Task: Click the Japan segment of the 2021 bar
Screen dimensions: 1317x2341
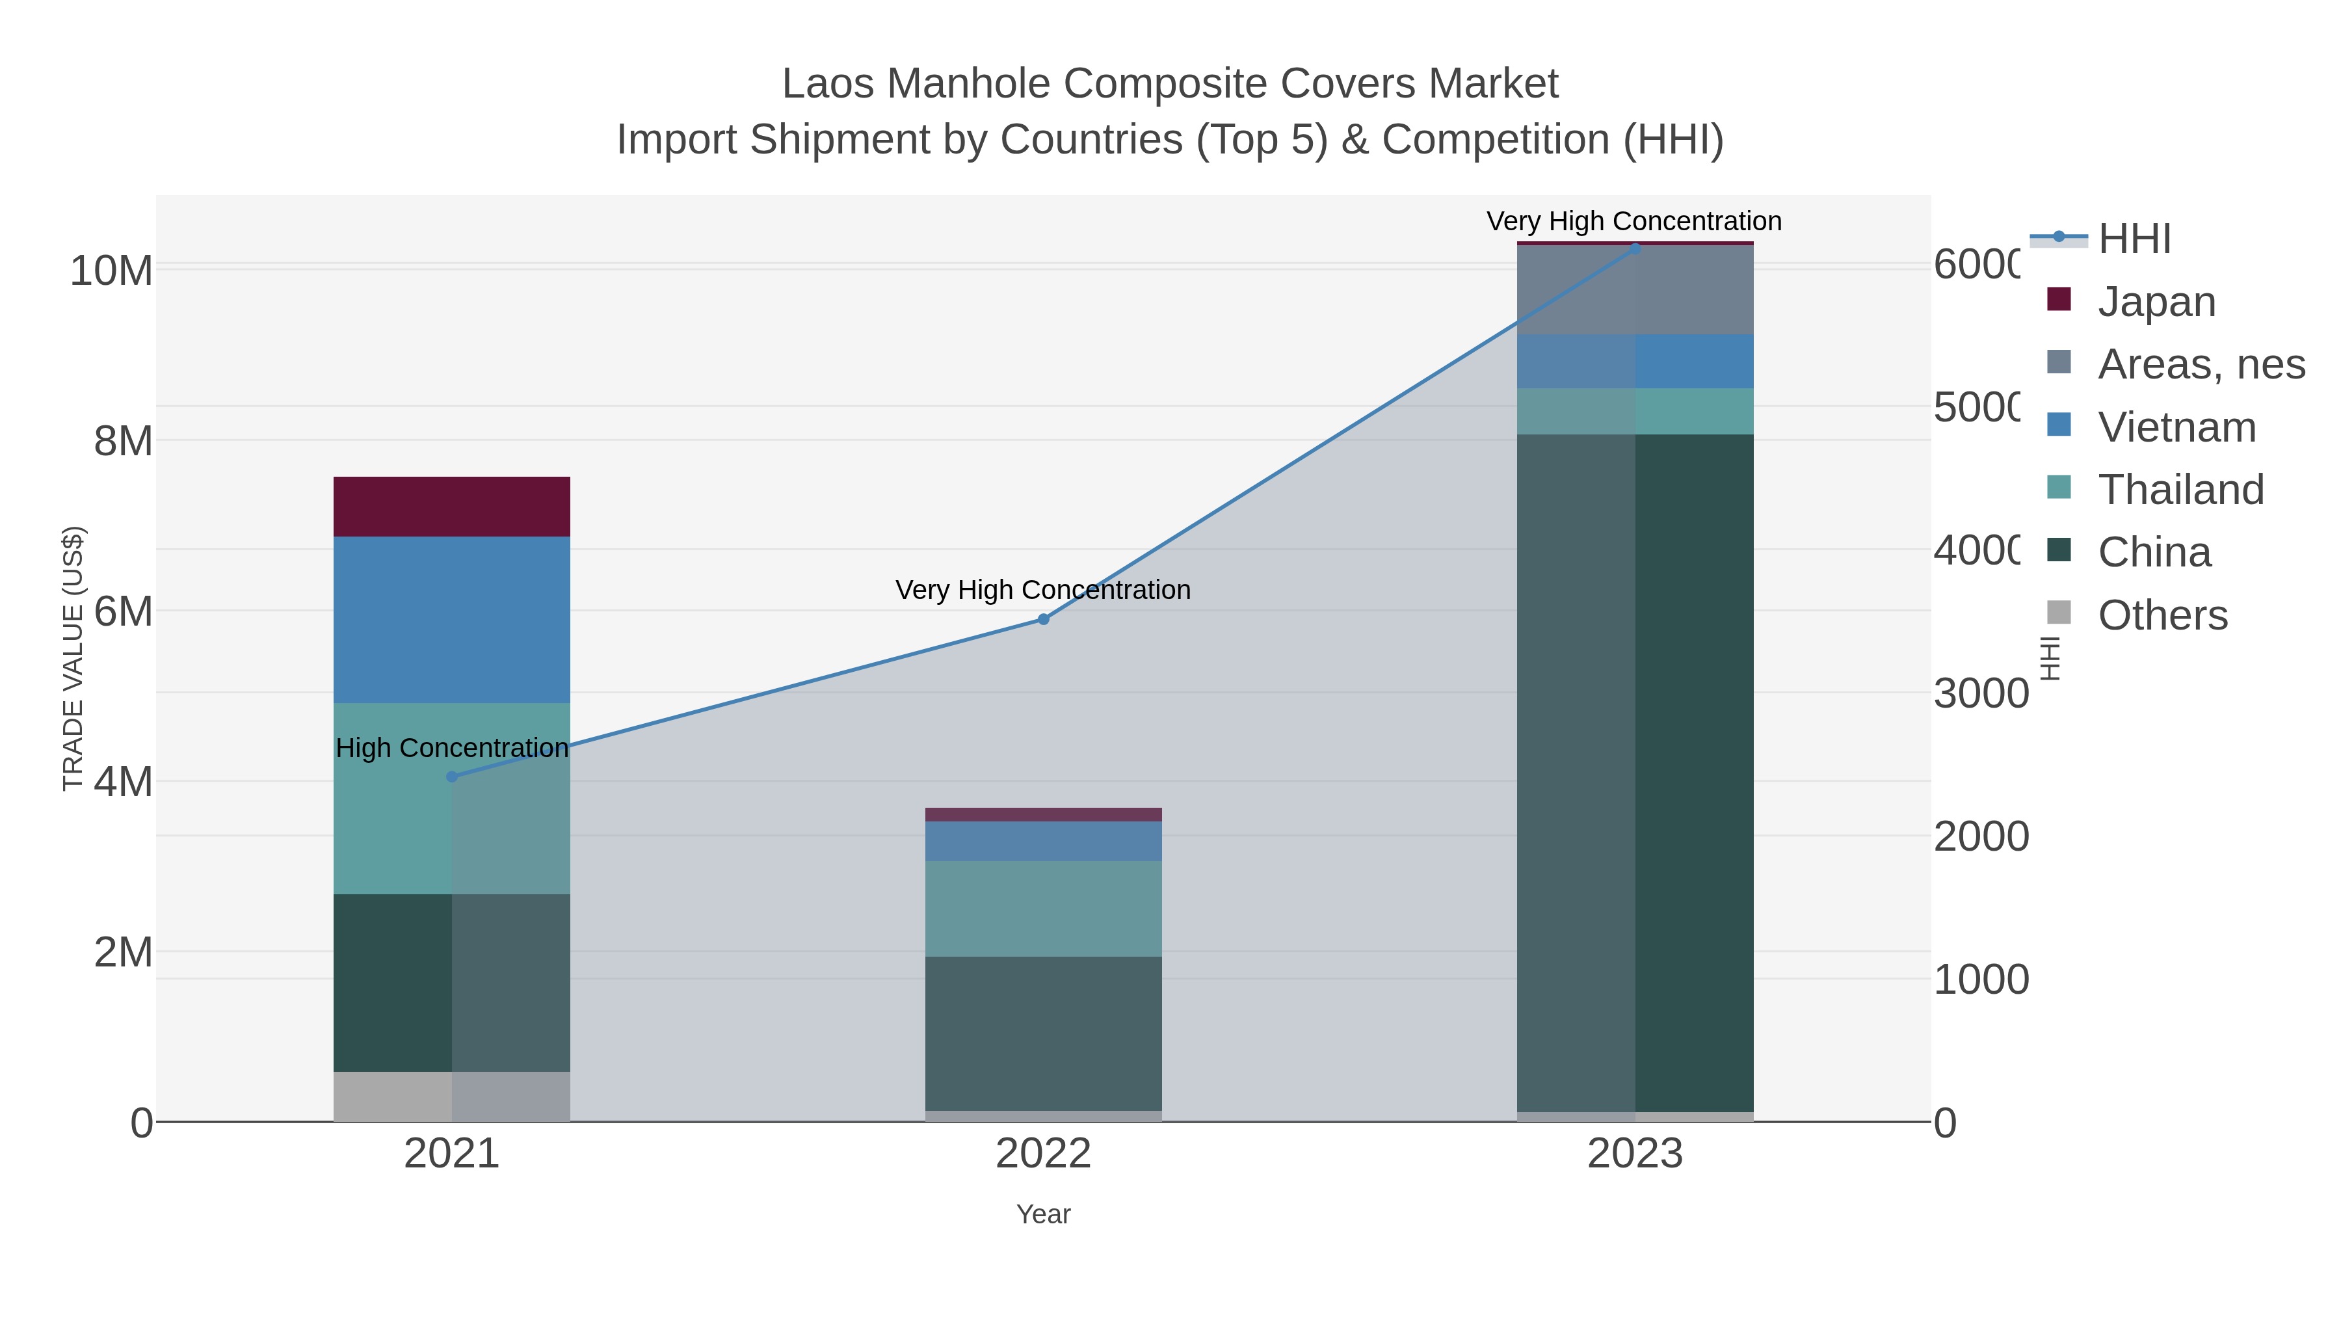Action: pyautogui.click(x=452, y=506)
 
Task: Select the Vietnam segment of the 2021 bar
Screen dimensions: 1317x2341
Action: pyautogui.click(x=452, y=619)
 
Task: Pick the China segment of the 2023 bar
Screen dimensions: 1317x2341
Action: pyautogui.click(x=1635, y=773)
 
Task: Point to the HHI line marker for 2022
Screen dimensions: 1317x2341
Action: pyautogui.click(x=1043, y=619)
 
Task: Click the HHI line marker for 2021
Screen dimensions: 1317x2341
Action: pyautogui.click(x=452, y=776)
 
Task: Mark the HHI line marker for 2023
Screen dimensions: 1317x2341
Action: pyautogui.click(x=1635, y=248)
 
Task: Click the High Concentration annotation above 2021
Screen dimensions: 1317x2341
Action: pyautogui.click(x=452, y=748)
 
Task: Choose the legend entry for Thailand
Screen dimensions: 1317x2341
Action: pyautogui.click(x=2179, y=490)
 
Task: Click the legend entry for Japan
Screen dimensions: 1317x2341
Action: pyautogui.click(x=2156, y=302)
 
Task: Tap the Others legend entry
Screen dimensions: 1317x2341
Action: pyautogui.click(x=2161, y=615)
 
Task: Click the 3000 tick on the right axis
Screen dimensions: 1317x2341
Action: pyautogui.click(x=1980, y=693)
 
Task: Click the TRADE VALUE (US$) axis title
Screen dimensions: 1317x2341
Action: pyautogui.click(x=73, y=658)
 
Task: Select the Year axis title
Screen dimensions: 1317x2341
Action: pyautogui.click(x=1043, y=1214)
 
